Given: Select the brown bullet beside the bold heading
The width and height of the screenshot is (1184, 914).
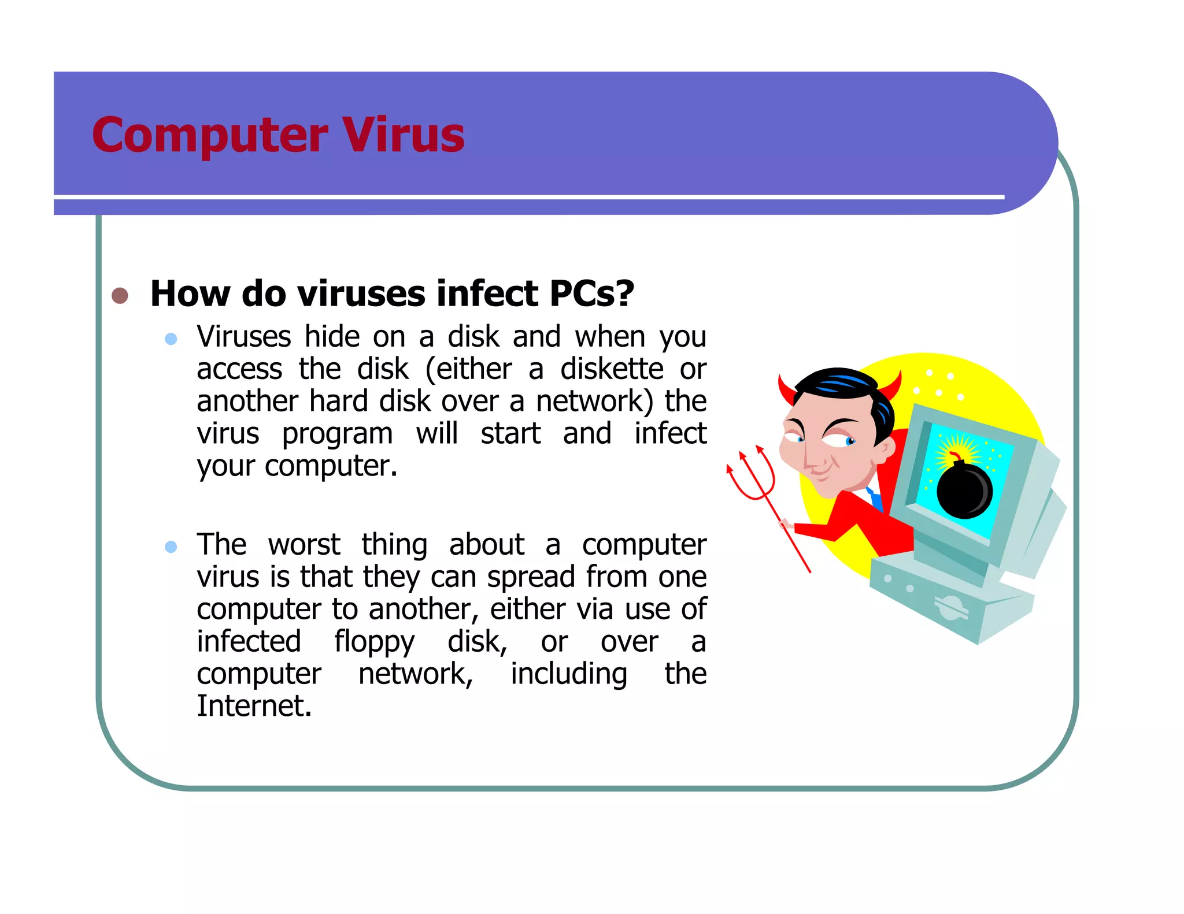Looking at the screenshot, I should click(120, 295).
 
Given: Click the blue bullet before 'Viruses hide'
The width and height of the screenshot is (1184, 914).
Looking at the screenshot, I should click(171, 339).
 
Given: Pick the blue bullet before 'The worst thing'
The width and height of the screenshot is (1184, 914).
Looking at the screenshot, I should click(171, 547).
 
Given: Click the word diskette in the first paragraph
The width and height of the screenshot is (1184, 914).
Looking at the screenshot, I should click(612, 369).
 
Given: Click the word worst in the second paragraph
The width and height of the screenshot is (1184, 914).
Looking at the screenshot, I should click(304, 544).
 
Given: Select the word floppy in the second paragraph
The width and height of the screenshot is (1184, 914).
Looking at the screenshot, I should click(374, 642).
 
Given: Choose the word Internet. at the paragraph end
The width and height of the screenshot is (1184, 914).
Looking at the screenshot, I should click(254, 706).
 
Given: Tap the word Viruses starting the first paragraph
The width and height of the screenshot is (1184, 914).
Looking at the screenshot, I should click(243, 337).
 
